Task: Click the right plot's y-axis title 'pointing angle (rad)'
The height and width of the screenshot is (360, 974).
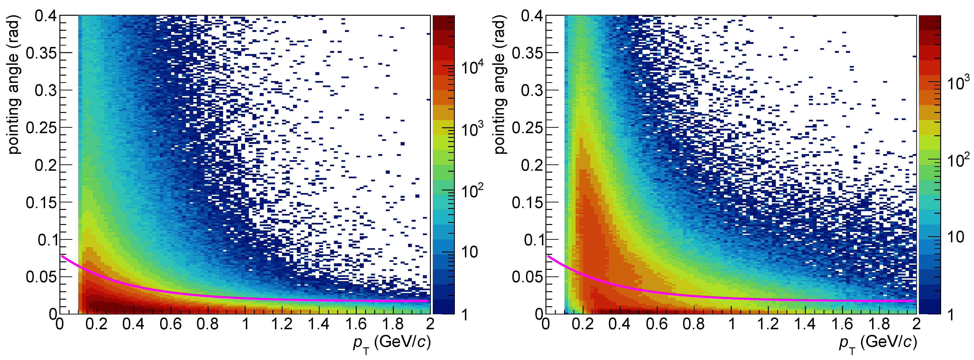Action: tap(500, 85)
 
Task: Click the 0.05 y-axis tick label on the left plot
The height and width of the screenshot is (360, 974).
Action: tap(41, 277)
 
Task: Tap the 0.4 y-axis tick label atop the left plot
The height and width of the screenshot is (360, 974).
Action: tap(45, 16)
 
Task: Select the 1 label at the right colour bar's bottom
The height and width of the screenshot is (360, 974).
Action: tap(950, 315)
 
